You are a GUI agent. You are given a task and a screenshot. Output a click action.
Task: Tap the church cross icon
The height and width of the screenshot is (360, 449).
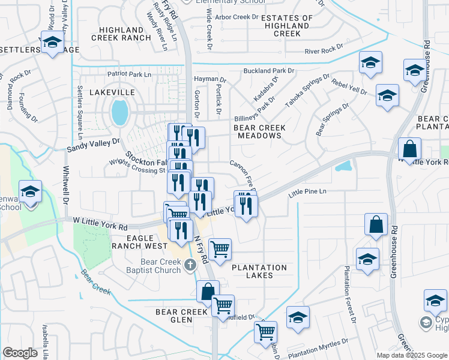point(190,265)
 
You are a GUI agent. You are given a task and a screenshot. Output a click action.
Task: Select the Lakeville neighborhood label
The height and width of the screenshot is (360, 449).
point(112,92)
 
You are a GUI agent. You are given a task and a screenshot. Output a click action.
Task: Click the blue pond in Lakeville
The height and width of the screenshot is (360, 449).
point(120,112)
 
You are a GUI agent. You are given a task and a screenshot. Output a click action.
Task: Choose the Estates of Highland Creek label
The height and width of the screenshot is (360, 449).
point(287,26)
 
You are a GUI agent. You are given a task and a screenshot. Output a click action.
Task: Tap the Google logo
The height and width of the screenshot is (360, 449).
point(20,353)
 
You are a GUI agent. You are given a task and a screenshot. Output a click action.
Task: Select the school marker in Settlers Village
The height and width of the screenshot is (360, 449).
point(52,41)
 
